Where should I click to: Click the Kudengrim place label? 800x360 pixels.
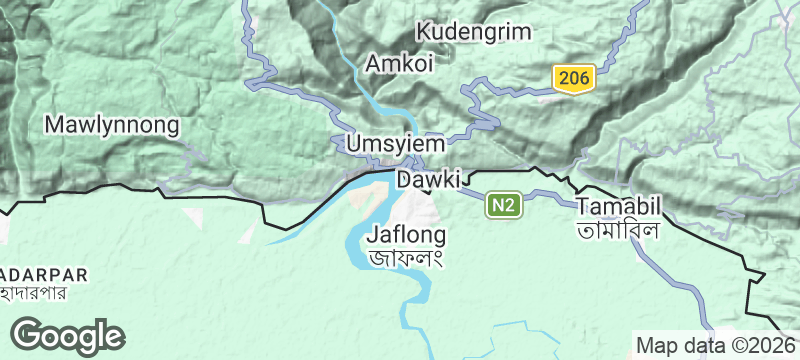(x=474, y=31)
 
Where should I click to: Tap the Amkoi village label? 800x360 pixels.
(x=399, y=64)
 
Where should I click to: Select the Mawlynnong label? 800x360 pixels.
(x=112, y=126)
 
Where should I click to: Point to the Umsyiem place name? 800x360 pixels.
(x=394, y=144)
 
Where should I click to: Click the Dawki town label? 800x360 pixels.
(x=428, y=181)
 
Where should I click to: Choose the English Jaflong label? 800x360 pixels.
(x=406, y=237)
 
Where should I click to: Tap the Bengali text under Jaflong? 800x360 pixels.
(x=406, y=258)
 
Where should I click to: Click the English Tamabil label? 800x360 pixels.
(x=620, y=205)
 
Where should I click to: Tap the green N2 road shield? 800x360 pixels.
(x=505, y=206)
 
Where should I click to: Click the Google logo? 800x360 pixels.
(x=67, y=335)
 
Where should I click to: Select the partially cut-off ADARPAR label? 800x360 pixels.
(x=45, y=274)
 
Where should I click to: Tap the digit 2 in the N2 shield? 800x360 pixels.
(x=511, y=206)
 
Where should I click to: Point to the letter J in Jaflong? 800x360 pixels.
(x=373, y=237)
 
